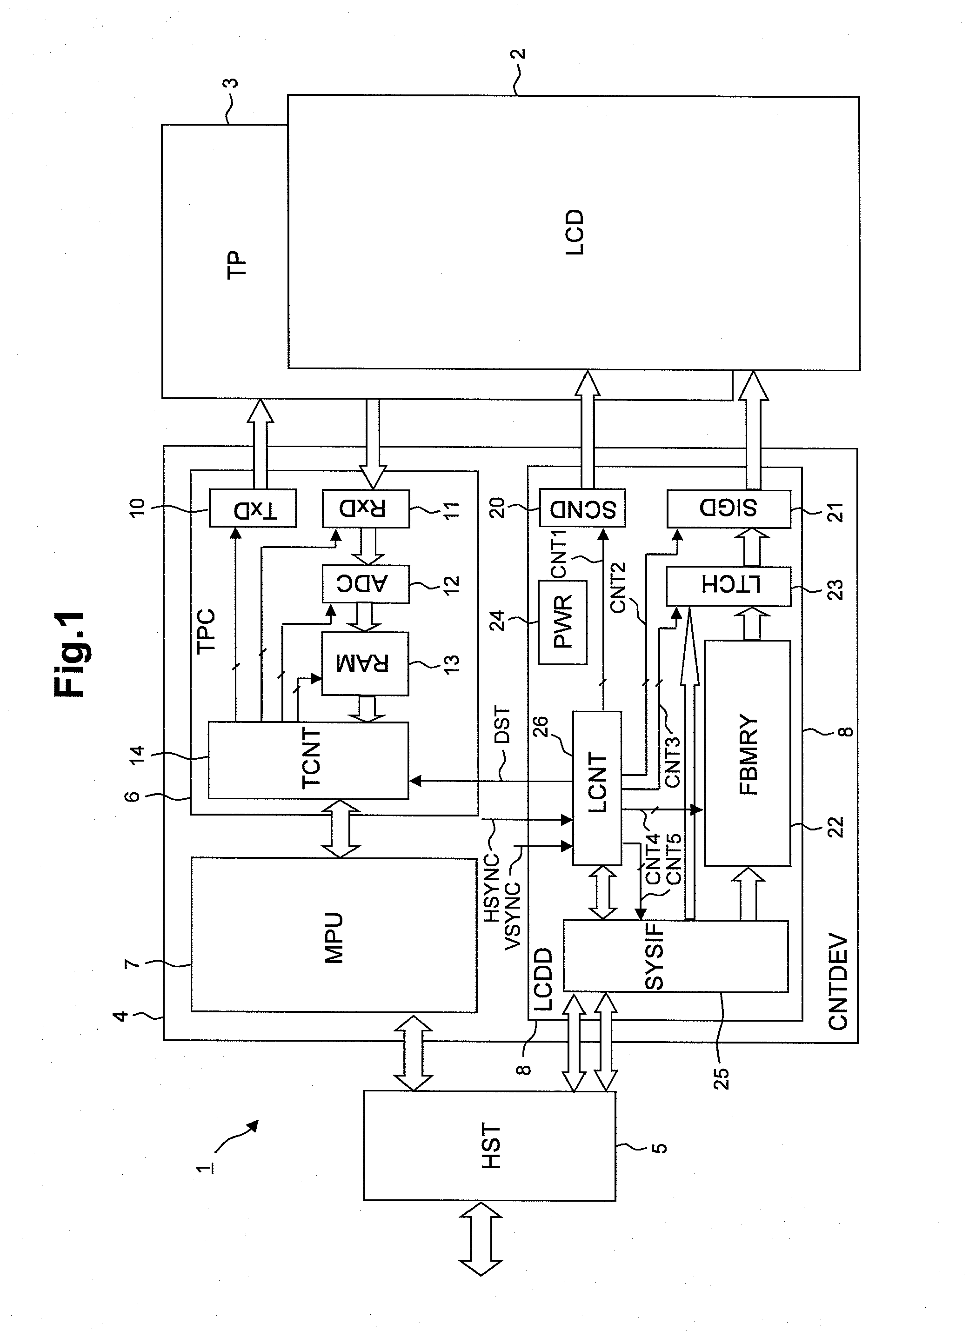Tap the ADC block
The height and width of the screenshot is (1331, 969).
366,583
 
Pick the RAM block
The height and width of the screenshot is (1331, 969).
365,664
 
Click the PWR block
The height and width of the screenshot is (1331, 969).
563,622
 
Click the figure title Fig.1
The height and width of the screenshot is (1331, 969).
69,655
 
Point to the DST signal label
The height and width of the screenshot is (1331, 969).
502,726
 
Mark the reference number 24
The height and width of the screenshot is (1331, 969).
498,621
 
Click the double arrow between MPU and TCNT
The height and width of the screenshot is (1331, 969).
341,829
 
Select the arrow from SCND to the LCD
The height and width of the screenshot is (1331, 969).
588,429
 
